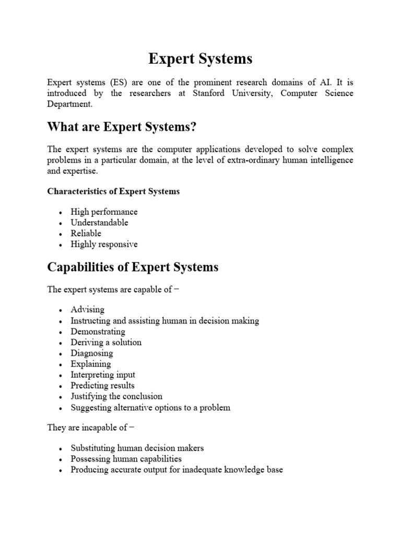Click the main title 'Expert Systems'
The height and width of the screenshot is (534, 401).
[200, 59]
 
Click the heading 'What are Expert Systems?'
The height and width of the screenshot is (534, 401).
[123, 127]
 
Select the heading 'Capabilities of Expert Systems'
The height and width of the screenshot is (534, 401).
[133, 268]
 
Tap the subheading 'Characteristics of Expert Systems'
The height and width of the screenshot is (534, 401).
[113, 191]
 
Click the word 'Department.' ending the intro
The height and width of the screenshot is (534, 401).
[69, 104]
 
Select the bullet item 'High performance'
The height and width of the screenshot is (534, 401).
[104, 212]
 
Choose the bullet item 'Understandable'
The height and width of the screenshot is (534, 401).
[100, 223]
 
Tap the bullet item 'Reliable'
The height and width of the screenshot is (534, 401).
[86, 233]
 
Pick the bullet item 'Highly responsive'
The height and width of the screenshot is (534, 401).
[104, 244]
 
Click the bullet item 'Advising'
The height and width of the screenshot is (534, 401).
[88, 310]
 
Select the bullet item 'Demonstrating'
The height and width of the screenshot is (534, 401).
[98, 332]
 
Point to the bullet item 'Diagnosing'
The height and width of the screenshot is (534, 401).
[91, 353]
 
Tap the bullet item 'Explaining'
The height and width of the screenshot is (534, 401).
[91, 364]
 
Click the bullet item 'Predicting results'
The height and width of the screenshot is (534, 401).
[103, 385]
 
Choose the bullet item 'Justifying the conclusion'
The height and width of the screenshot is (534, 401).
[116, 396]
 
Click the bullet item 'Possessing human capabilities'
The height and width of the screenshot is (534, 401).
[126, 459]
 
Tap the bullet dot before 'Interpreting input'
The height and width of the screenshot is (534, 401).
[61, 375]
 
